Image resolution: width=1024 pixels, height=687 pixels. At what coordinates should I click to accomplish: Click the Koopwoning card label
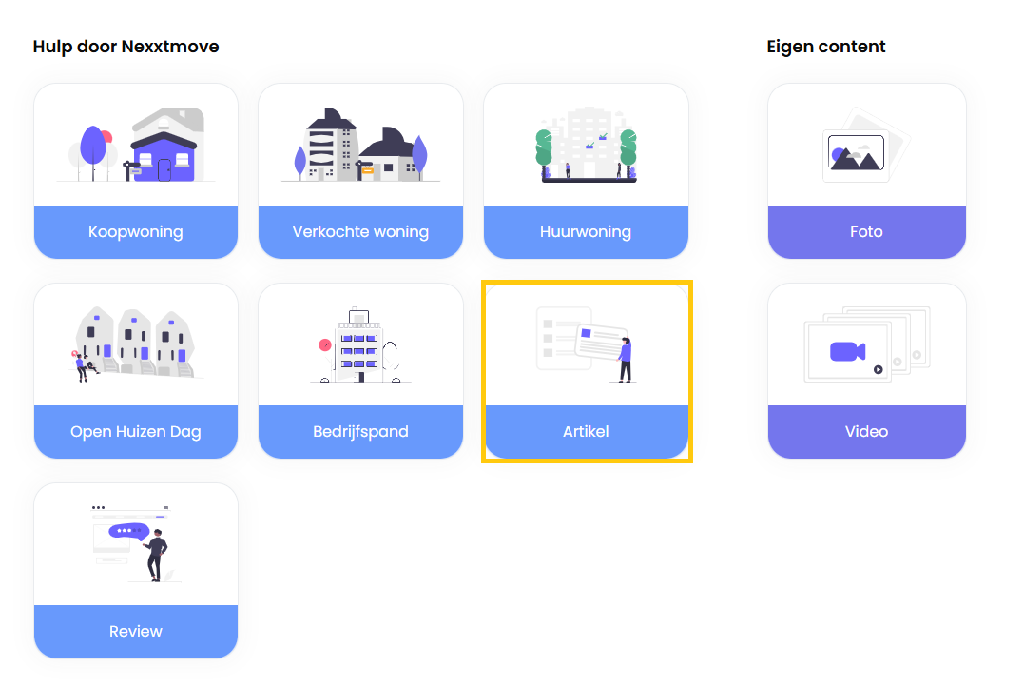pyautogui.click(x=136, y=231)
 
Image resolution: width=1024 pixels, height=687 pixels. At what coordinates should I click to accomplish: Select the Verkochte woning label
pyautogui.click(x=360, y=231)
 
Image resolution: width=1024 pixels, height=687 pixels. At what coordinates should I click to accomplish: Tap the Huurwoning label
pyautogui.click(x=586, y=231)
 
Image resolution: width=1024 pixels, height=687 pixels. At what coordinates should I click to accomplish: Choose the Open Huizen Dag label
pyautogui.click(x=136, y=431)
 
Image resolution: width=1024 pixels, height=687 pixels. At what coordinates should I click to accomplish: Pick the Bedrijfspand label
pyautogui.click(x=360, y=431)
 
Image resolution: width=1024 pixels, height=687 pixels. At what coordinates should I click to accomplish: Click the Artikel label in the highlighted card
pyautogui.click(x=586, y=431)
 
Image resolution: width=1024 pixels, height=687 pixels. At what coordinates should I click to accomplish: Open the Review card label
pyautogui.click(x=136, y=631)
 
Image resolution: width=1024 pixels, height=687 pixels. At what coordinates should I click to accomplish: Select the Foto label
pyautogui.click(x=866, y=231)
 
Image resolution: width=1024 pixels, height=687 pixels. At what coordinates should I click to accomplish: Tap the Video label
pyautogui.click(x=866, y=431)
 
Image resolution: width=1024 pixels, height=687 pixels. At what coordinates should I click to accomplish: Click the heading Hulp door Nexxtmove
pyautogui.click(x=126, y=46)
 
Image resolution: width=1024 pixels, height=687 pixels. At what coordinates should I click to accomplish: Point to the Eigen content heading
pyautogui.click(x=826, y=46)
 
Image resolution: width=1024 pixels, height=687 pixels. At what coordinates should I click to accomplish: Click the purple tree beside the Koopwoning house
pyautogui.click(x=93, y=147)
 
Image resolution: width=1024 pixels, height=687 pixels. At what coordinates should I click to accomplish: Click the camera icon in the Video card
pyautogui.click(x=846, y=351)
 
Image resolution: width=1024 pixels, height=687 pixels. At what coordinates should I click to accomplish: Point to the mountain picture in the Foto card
pyautogui.click(x=857, y=154)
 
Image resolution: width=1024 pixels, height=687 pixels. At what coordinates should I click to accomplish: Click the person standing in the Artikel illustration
pyautogui.click(x=625, y=358)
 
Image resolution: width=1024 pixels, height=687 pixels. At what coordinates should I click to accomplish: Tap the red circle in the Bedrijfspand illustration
pyautogui.click(x=325, y=344)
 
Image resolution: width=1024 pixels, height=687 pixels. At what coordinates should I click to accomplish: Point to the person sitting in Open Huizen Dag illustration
pyautogui.click(x=82, y=364)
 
